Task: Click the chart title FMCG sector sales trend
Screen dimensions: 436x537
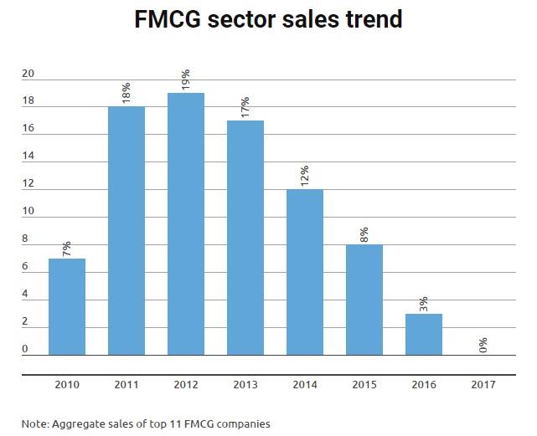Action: point(268,19)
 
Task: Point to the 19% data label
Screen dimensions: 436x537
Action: point(186,80)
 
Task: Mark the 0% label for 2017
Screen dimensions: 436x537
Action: point(483,345)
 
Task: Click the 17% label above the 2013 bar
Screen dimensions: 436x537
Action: point(245,107)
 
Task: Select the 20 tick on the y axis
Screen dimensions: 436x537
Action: point(28,74)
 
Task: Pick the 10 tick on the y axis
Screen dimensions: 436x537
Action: point(28,212)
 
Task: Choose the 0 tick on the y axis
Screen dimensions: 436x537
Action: point(25,349)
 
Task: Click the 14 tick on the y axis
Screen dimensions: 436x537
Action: point(28,156)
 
